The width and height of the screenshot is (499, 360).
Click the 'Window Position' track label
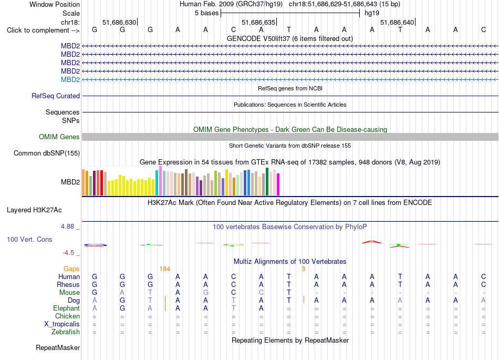point(55,4)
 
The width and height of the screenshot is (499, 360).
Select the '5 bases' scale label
point(207,13)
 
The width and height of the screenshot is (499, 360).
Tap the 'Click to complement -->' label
point(43,30)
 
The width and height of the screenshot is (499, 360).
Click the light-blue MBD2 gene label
point(70,79)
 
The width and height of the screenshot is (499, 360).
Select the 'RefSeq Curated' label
point(56,96)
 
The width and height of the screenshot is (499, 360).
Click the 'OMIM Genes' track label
point(59,137)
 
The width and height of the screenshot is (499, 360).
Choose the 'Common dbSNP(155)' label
point(47,153)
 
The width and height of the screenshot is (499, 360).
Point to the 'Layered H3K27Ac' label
point(34,210)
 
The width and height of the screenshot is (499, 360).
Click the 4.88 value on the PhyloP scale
point(67,227)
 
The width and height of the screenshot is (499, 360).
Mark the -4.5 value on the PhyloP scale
point(68,253)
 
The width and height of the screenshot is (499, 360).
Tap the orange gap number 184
point(164,269)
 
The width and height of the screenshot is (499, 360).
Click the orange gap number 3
point(303,269)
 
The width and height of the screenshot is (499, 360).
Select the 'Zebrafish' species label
point(66,332)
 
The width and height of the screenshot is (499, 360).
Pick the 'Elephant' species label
point(67,308)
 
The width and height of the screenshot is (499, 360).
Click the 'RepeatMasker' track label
point(58,347)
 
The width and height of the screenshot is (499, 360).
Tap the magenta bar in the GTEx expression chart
point(278,184)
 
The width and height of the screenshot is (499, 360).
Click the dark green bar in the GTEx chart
point(267,181)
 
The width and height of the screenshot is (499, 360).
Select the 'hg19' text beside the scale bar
point(372,13)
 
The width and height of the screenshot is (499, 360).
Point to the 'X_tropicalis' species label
point(62,324)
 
